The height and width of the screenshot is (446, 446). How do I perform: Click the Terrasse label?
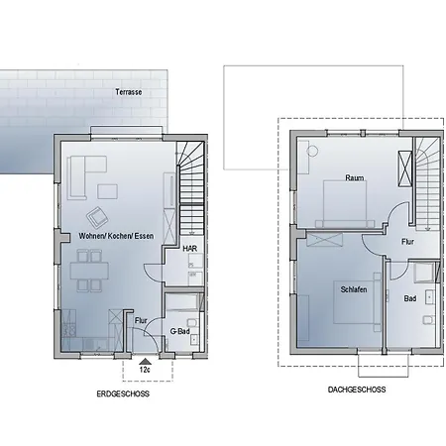point(129,92)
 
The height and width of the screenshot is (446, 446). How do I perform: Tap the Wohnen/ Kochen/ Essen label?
point(116,236)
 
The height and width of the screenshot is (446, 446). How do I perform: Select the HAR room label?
point(190,249)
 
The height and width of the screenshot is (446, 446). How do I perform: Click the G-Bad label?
point(179,331)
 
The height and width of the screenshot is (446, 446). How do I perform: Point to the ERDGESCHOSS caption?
point(123,393)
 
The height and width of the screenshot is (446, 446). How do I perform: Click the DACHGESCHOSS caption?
point(357,390)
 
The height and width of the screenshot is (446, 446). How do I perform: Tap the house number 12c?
point(145,370)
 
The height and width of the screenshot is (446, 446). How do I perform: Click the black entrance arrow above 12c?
point(145,361)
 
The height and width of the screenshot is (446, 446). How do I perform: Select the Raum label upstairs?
point(355,177)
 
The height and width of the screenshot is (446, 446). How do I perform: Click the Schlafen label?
point(354,289)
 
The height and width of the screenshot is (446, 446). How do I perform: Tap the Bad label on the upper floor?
point(410,298)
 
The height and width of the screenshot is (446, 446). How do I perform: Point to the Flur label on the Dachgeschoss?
point(407,242)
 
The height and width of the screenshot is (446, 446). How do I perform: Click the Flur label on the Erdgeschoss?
point(141,320)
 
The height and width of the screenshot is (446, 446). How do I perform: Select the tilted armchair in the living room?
point(97,218)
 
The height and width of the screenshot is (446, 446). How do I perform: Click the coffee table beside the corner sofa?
point(107,192)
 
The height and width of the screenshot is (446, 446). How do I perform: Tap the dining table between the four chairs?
point(89,271)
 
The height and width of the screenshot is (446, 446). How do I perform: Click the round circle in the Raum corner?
point(312,152)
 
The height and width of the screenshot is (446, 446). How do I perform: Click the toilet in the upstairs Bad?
point(428,319)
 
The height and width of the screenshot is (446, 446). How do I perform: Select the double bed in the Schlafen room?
point(357,302)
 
